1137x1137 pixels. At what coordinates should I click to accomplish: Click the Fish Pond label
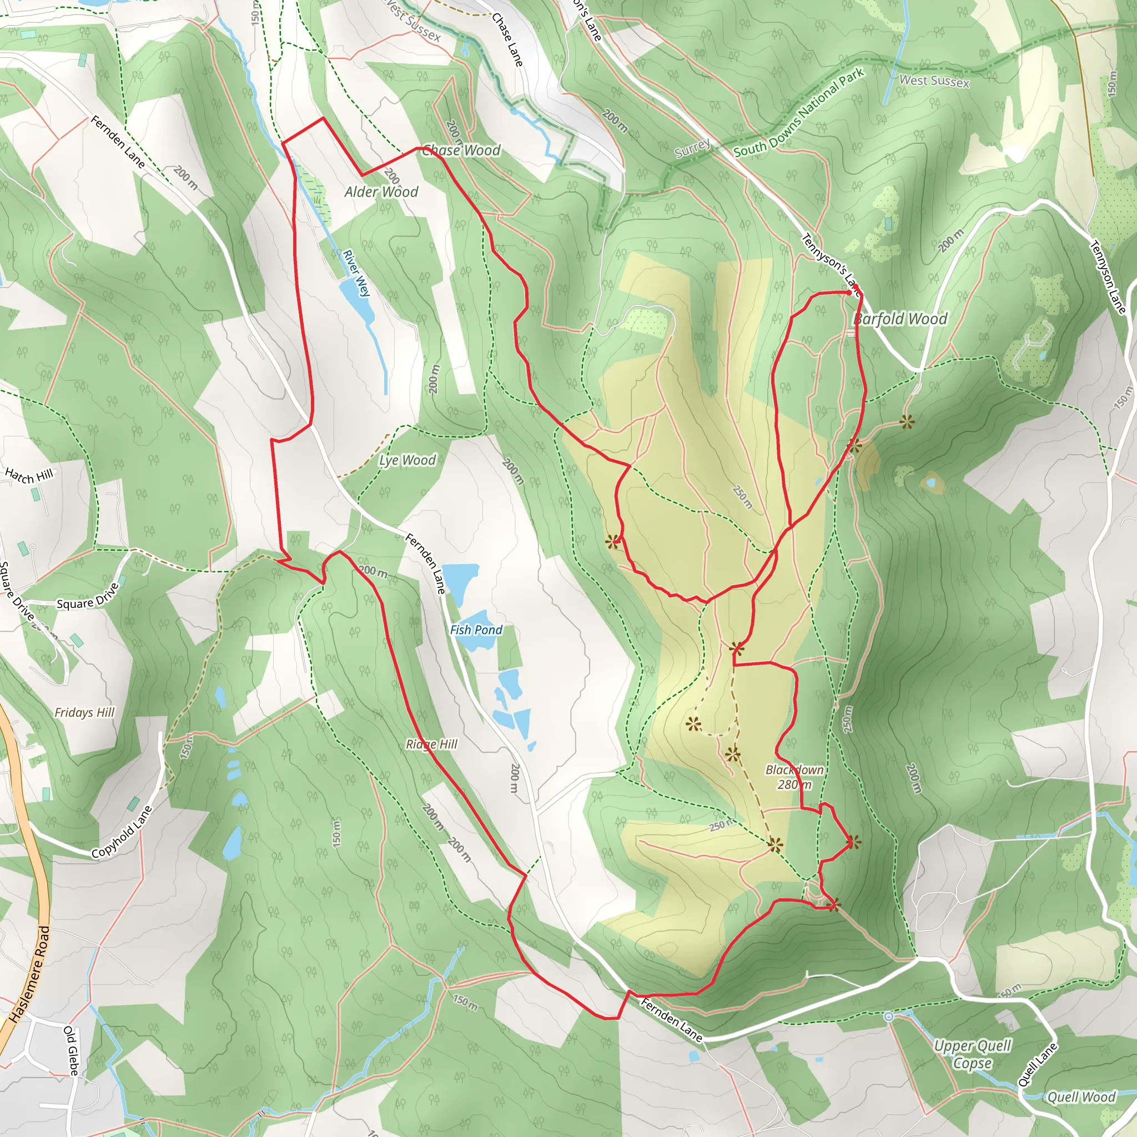click(x=476, y=630)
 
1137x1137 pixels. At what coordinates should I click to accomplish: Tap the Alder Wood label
click(x=381, y=192)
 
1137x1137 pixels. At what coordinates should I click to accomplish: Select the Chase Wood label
click(x=461, y=150)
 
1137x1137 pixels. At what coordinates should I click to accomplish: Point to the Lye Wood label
click(x=407, y=460)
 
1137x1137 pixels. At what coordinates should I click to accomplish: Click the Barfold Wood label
click(x=900, y=319)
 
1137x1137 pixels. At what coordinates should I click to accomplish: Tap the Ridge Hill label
click(x=431, y=744)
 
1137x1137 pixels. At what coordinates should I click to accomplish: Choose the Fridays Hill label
click(x=85, y=713)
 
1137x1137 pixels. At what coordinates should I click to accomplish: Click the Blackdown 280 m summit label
click(x=794, y=777)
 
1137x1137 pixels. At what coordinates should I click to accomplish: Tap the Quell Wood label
click(x=1081, y=1097)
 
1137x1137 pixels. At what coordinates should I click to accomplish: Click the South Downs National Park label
click(x=798, y=112)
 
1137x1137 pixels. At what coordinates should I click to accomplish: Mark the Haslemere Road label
click(x=29, y=974)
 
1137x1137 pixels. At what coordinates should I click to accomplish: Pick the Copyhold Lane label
click(x=122, y=832)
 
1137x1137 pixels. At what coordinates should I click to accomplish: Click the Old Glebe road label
click(x=71, y=1051)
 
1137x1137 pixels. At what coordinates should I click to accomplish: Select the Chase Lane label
click(x=507, y=39)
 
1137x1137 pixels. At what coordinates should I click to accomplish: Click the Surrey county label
click(x=692, y=149)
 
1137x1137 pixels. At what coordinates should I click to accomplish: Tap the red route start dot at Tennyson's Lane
click(x=855, y=288)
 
